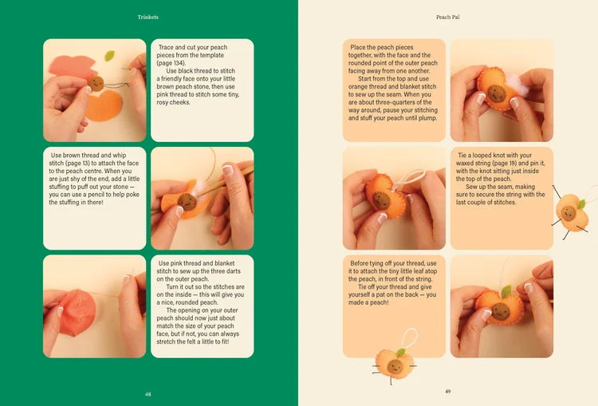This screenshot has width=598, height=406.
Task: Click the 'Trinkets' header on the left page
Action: (148, 16)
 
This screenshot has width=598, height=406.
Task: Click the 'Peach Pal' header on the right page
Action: (447, 16)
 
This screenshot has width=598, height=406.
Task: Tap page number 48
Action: (148, 393)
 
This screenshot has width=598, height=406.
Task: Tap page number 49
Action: (447, 392)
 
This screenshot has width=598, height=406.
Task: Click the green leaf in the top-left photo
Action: (109, 56)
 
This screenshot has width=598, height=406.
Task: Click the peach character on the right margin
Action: (569, 214)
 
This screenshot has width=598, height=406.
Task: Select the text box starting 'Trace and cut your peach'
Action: (202, 90)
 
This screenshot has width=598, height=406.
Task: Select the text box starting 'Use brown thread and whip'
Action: (94, 198)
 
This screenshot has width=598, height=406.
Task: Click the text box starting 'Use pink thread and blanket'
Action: (202, 306)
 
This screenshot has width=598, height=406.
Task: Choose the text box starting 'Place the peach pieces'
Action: (395, 90)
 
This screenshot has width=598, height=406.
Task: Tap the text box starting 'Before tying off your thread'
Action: (395, 306)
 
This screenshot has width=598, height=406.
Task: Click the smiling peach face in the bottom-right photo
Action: (501, 309)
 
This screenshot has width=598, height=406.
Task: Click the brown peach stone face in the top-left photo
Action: (96, 82)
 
